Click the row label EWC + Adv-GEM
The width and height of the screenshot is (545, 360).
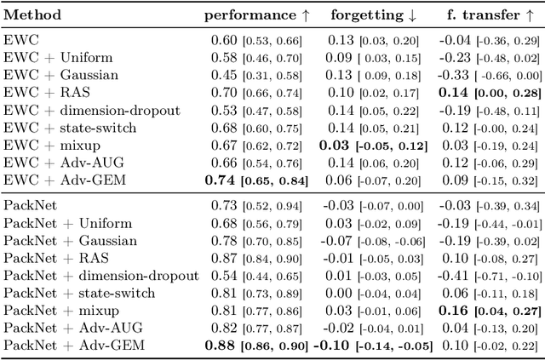click(54, 180)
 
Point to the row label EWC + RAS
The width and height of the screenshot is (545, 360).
click(43, 92)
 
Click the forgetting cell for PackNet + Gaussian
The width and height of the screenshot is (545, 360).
click(372, 241)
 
